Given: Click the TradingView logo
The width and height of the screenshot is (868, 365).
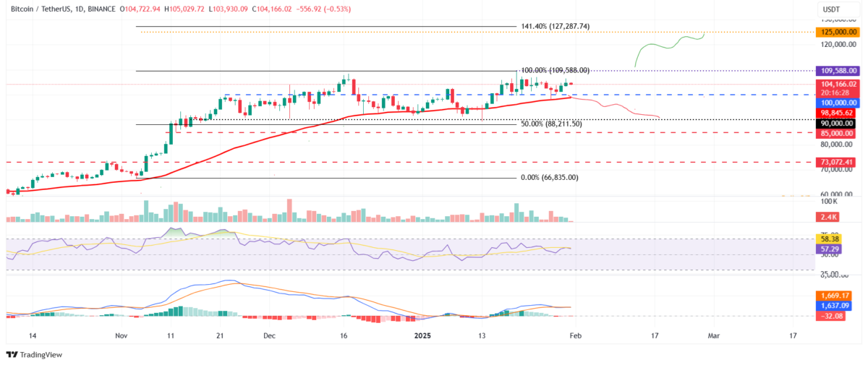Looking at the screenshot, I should [x=34, y=354].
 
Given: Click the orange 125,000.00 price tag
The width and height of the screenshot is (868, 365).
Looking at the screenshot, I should [x=836, y=33].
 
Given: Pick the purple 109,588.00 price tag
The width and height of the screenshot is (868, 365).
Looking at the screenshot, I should [x=836, y=71].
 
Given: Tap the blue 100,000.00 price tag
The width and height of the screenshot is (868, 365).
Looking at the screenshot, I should [x=836, y=103].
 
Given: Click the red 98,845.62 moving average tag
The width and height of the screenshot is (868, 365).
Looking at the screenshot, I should [x=836, y=113].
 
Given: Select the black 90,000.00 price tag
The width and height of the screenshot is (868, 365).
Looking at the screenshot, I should [x=836, y=124].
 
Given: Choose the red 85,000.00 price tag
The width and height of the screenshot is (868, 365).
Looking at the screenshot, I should [x=836, y=133].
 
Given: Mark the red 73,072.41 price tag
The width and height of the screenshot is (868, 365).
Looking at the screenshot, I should [x=836, y=162].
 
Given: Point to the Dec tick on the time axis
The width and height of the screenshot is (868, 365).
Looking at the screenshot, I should [x=270, y=336].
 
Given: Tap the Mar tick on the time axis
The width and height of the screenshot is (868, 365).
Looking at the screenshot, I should [x=714, y=336].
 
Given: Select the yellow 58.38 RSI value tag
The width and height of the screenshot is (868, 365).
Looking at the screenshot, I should [x=836, y=239].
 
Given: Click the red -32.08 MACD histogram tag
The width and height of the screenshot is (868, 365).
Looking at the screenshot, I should [x=836, y=316].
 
